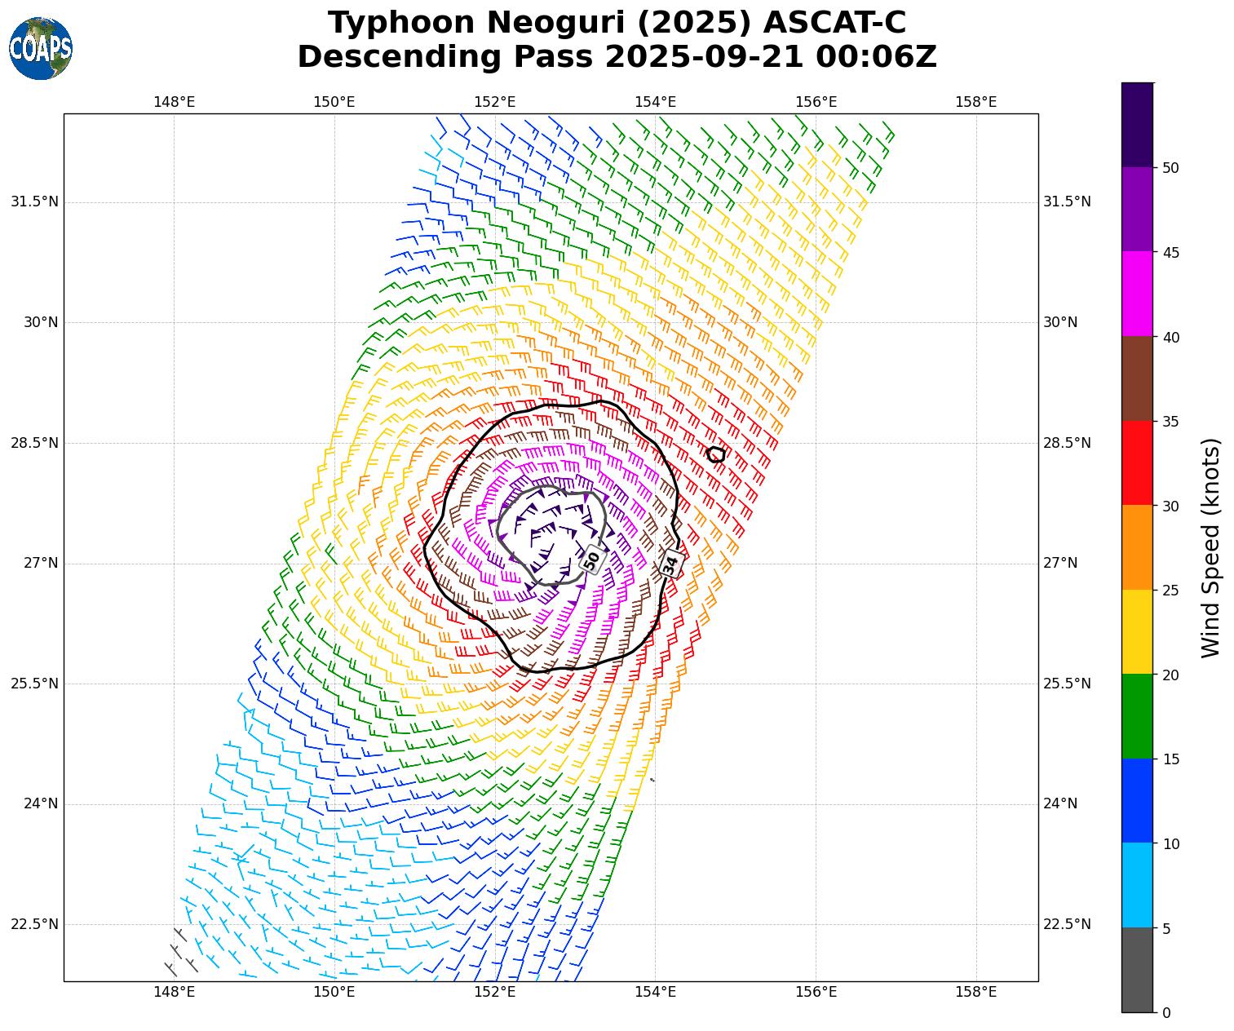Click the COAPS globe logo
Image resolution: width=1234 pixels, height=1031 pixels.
[x=41, y=49]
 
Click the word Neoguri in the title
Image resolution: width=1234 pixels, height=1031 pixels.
[x=555, y=23]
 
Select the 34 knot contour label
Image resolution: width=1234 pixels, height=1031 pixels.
[x=671, y=564]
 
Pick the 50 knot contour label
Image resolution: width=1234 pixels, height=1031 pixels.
[x=591, y=560]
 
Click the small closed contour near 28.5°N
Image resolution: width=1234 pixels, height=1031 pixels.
[x=715, y=454]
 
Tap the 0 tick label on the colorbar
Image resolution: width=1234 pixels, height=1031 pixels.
[x=1166, y=1012]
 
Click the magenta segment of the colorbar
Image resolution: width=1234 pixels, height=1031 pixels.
[x=1137, y=294]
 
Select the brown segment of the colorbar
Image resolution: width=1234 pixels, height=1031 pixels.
[x=1137, y=378]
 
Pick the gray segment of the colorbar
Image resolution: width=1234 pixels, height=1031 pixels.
[x=1137, y=970]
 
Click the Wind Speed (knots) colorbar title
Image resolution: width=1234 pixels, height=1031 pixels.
[x=1211, y=547]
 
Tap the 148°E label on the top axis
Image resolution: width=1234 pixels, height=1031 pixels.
[x=174, y=102]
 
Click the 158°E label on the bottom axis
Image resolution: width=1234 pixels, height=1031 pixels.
[x=975, y=993]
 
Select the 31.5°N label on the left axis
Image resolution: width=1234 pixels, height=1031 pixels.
[x=34, y=201]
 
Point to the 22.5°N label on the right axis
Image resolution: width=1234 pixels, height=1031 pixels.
[x=1067, y=924]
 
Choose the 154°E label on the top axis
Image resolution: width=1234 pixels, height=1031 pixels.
[x=655, y=102]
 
